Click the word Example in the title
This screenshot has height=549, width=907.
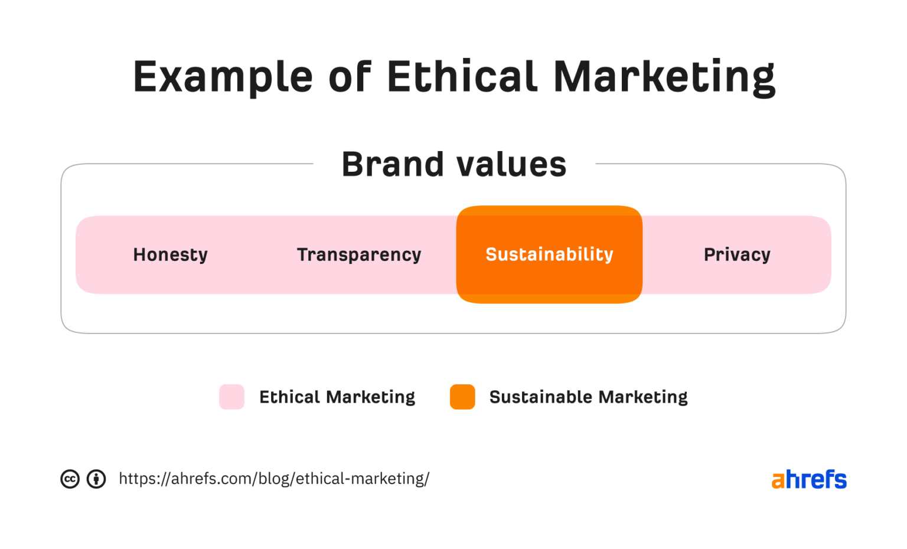pos(223,77)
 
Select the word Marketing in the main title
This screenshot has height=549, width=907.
pos(664,77)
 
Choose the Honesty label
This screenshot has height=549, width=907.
pos(170,254)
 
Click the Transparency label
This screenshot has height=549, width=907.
pos(359,254)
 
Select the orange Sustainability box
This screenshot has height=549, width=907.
pos(549,254)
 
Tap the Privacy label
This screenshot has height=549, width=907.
pos(737,254)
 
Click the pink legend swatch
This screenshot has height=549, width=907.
pos(231,397)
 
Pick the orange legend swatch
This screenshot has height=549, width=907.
pos(462,397)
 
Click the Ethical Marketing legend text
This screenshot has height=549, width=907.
pos(337,397)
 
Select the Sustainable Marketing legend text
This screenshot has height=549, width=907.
pos(588,397)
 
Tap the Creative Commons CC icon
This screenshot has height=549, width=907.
pos(70,479)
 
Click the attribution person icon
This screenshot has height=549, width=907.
pos(96,479)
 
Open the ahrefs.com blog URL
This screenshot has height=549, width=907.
pos(274,479)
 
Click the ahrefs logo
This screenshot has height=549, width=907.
pos(809,479)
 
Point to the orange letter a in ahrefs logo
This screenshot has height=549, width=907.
pos(778,481)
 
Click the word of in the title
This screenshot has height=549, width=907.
pos(350,76)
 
